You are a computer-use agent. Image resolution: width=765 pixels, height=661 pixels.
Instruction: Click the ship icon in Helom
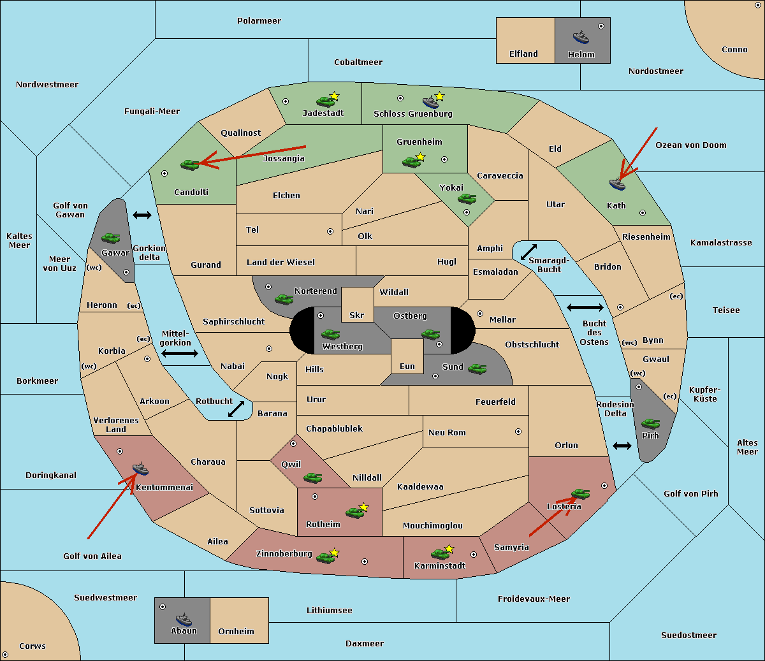(581, 38)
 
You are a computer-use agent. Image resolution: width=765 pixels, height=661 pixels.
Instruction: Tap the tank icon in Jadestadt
(325, 101)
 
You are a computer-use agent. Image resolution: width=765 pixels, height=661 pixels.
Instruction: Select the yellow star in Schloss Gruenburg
(439, 96)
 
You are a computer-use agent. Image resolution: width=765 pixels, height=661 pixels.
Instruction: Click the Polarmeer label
(259, 21)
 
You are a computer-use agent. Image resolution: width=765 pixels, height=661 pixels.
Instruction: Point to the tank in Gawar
(111, 238)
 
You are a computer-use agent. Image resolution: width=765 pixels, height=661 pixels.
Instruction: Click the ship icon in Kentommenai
(141, 469)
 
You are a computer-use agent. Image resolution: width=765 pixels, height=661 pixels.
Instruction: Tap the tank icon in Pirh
(650, 423)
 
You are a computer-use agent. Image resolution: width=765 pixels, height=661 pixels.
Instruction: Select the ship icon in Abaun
(184, 619)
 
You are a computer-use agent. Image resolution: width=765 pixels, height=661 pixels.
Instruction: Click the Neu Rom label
(447, 432)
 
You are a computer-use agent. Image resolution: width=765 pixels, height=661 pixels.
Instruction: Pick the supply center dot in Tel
(330, 231)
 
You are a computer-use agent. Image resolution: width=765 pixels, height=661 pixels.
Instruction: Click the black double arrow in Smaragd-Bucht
(528, 252)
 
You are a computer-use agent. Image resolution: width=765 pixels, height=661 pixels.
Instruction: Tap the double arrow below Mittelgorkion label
(180, 353)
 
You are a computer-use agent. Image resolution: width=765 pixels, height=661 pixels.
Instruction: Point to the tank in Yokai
(467, 199)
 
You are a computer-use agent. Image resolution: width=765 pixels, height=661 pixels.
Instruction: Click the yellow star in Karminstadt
(449, 548)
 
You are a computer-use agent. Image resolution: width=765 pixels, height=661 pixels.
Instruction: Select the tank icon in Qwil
(313, 477)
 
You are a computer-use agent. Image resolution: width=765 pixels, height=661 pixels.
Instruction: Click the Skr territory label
(357, 315)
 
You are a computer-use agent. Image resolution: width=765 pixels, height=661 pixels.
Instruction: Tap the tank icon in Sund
(477, 368)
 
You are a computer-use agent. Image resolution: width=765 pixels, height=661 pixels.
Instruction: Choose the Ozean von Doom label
(691, 145)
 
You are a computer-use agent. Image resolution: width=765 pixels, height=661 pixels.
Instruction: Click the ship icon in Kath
(617, 184)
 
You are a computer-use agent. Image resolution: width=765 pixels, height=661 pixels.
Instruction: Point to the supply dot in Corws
(5, 655)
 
